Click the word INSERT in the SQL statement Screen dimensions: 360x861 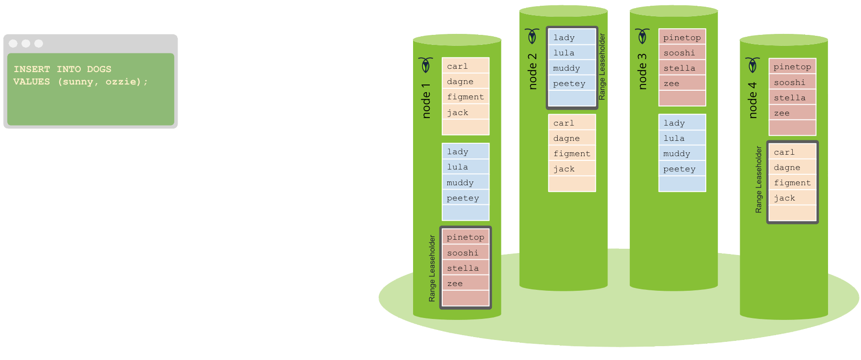32,69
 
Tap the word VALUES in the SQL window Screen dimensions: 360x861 32,82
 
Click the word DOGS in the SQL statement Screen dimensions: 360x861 99,69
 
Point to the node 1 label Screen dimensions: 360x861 426,101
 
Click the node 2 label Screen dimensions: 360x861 532,72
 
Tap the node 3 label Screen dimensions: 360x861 642,72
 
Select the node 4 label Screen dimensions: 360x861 753,100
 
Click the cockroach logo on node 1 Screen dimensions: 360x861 425,65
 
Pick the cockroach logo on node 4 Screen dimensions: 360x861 753,65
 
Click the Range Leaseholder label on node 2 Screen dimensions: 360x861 602,66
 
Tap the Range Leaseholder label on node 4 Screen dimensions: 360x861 758,180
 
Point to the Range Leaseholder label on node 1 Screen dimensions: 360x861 432,268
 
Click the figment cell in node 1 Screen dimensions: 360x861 465,97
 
